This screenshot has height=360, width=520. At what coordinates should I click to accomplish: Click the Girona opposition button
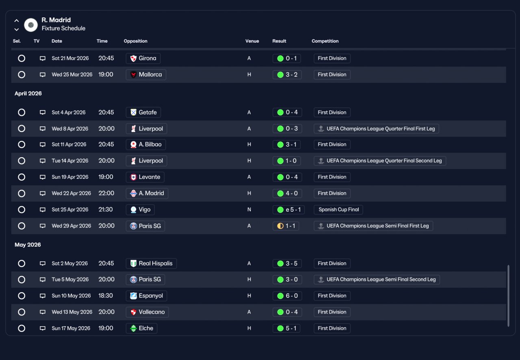click(143, 58)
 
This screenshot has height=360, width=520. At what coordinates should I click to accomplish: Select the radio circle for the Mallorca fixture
click(22, 74)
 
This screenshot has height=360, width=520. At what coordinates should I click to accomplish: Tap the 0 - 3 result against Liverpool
click(287, 129)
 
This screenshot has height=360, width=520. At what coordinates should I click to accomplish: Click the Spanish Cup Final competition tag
click(338, 210)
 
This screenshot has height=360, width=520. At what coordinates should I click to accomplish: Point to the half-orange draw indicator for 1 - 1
click(280, 226)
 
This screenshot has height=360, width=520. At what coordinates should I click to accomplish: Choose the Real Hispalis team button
click(151, 263)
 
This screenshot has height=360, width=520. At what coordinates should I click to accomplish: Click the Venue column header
click(252, 41)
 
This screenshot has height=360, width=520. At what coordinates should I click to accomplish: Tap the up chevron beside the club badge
click(17, 21)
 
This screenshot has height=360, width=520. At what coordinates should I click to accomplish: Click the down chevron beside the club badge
click(17, 30)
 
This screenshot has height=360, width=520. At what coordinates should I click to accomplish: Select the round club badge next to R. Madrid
click(31, 25)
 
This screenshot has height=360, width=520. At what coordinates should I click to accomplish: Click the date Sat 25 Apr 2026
click(70, 210)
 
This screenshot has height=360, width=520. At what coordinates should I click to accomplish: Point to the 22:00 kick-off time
click(106, 193)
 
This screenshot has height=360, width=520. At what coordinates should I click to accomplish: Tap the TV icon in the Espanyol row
click(43, 296)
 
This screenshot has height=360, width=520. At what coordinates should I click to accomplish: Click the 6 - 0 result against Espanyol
click(287, 296)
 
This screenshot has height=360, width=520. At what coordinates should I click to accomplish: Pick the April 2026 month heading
click(28, 93)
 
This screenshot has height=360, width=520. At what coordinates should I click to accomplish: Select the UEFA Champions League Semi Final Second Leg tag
click(377, 280)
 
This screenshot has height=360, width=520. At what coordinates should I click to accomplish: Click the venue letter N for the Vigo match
click(249, 210)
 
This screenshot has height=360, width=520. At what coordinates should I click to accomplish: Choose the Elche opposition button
click(141, 328)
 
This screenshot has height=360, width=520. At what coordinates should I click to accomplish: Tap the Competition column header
click(325, 41)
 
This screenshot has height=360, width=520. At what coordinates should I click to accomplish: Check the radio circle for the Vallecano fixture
click(22, 312)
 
